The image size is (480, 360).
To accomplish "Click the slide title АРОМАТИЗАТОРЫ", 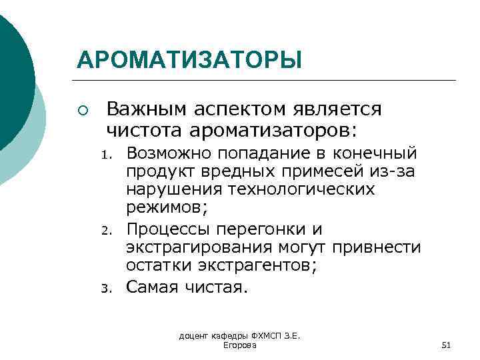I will tap(189, 59).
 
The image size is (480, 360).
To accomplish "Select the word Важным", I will tap(147, 108).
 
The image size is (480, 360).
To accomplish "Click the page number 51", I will tap(447, 345).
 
